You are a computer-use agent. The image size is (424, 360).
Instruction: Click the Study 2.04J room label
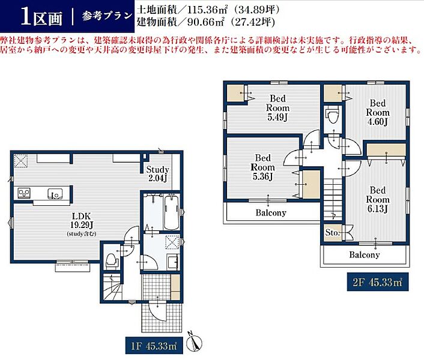pos(157,173)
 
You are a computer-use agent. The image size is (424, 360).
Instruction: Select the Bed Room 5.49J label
pos(277,108)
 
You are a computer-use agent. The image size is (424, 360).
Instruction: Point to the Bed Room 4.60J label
pos(378,112)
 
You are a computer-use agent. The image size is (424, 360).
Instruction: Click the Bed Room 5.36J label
pos(263,167)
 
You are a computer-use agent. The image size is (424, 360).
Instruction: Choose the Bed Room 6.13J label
pos(378,199)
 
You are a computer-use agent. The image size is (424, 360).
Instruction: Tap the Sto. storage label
pos(332,233)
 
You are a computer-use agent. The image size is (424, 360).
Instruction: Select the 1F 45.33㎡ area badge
pos(154,346)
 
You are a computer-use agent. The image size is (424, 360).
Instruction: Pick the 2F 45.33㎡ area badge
pos(378,282)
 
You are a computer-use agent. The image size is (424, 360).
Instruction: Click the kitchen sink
pos(55,194)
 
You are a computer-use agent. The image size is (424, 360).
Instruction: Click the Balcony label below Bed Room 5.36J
pos(271,213)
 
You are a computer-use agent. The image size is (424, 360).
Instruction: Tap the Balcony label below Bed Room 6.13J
pos(364,254)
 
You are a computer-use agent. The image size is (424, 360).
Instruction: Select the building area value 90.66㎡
pos(206,22)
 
